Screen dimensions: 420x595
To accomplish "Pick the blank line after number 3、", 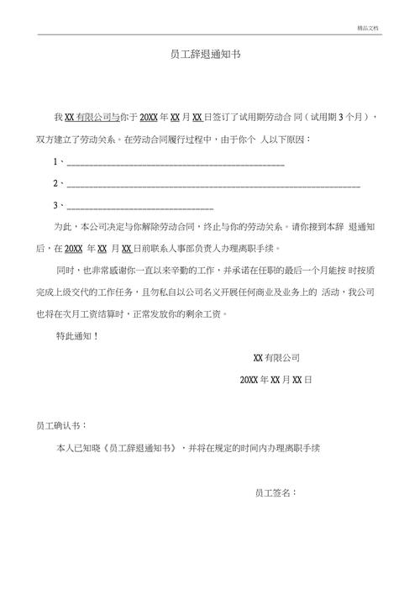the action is coord(139,205).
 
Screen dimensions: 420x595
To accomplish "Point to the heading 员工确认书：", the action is coord(61,425).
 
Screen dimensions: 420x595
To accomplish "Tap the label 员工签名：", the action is coord(276,492).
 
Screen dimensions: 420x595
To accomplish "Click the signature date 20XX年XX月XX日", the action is coord(276,380).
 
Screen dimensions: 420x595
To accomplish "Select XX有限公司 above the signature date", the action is coord(276,357).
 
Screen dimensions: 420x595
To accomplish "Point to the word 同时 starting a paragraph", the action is coord(65,271).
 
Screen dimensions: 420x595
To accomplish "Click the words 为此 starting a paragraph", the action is coord(63,227).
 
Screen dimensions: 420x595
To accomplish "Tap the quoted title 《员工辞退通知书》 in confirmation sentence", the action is coord(138,448).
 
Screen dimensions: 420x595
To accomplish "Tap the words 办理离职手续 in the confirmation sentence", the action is coord(297,448).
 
